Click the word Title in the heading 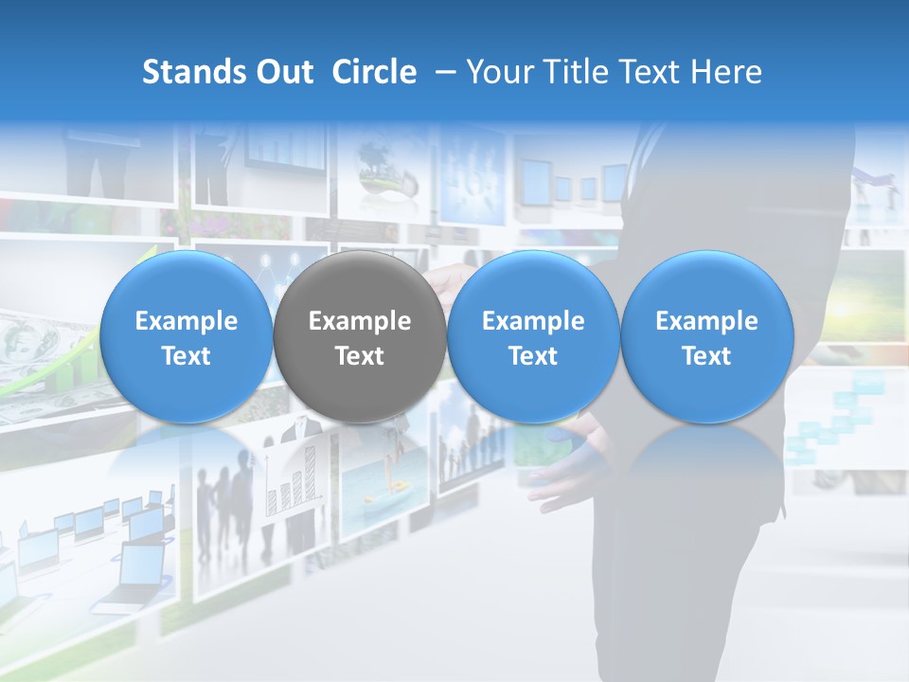coord(581,72)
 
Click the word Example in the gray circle coord(360,321)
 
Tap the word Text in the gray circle coord(360,356)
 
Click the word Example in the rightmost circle coord(706,321)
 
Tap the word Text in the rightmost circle coord(706,356)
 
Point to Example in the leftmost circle coord(186,321)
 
